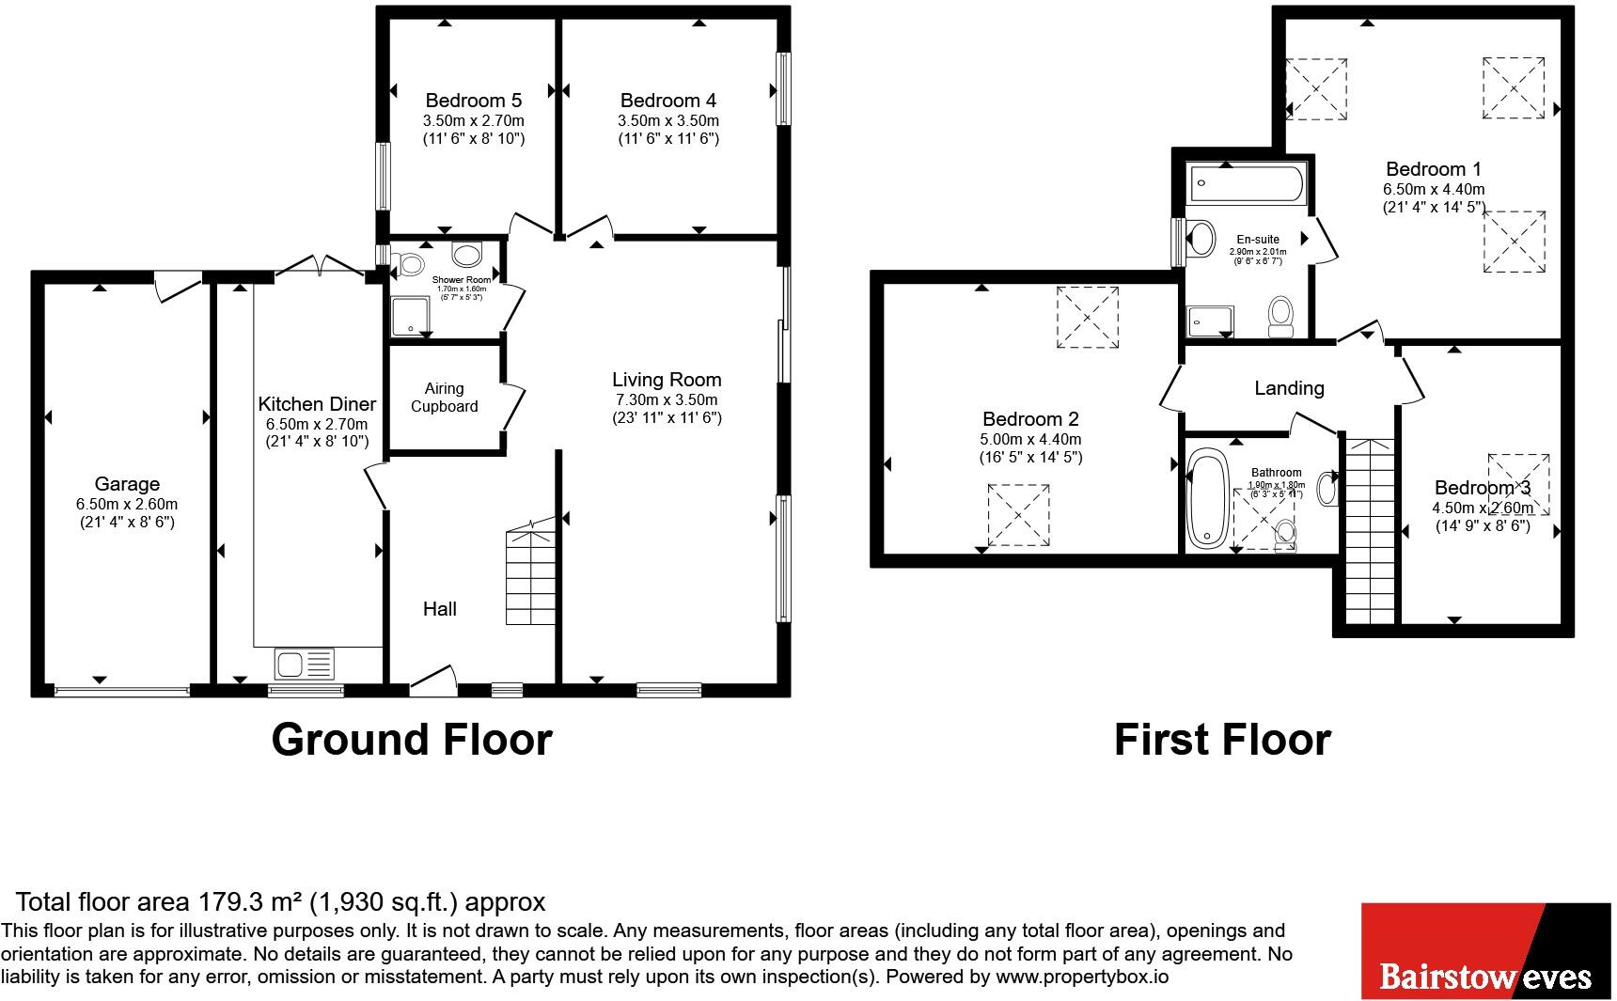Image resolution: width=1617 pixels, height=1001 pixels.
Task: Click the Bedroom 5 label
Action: [x=473, y=101]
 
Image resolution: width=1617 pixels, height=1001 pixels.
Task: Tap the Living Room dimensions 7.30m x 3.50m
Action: [x=667, y=399]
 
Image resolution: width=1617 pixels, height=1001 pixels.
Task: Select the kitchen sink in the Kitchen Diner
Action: [x=304, y=664]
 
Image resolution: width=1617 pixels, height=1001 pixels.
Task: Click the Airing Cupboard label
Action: [x=444, y=398]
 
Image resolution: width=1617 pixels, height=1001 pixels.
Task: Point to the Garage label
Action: [x=127, y=485]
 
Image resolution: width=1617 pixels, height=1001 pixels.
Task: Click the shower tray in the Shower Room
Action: [x=411, y=317]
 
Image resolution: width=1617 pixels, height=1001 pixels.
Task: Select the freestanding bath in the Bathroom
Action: [x=1207, y=499]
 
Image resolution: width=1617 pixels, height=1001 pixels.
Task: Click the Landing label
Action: [x=1289, y=388]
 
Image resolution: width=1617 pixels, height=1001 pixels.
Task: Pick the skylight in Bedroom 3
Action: [x=1518, y=484]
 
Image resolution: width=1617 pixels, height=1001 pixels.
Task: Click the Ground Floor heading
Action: [x=411, y=740]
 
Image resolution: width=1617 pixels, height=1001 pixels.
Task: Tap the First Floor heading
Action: [x=1222, y=740]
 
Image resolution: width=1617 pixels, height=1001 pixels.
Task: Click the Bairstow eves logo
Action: [x=1485, y=951]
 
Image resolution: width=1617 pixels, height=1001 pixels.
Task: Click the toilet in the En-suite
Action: [x=1281, y=317]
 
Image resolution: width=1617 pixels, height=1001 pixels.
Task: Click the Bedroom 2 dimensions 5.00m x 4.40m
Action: [x=1030, y=440]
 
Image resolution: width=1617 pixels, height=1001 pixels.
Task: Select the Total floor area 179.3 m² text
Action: [x=280, y=902]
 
